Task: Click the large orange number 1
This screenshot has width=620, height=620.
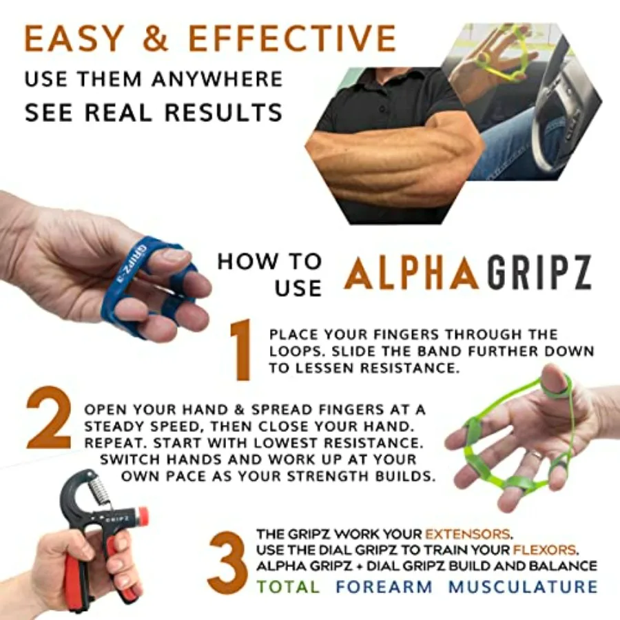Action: tap(240, 351)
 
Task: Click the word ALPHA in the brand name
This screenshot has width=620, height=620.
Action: tap(412, 273)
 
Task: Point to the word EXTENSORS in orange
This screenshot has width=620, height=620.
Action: tap(468, 535)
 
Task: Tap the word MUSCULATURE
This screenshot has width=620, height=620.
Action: tap(524, 587)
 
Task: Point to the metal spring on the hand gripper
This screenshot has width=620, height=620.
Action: tap(101, 491)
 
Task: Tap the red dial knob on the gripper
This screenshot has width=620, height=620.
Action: tap(142, 516)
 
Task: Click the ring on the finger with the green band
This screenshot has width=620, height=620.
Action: tap(535, 455)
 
